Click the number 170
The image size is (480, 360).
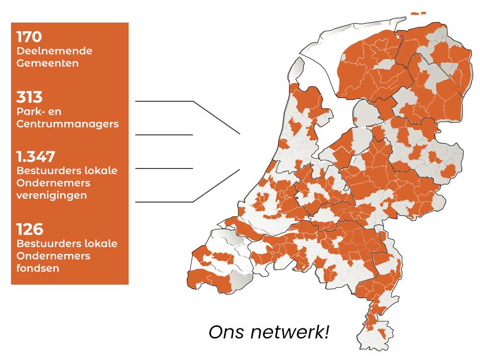(x=29, y=37)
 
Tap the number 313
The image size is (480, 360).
(x=29, y=98)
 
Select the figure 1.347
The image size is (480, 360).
(x=36, y=156)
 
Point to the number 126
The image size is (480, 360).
(x=30, y=229)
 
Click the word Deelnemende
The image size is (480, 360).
(x=54, y=51)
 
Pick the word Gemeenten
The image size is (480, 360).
(x=48, y=63)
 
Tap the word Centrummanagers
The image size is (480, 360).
(x=67, y=124)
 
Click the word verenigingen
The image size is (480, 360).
(x=52, y=195)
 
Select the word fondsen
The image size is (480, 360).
(x=38, y=268)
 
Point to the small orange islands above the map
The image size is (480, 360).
(x=418, y=13)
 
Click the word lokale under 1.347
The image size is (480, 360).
(x=100, y=170)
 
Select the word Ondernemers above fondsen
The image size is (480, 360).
(x=53, y=256)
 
